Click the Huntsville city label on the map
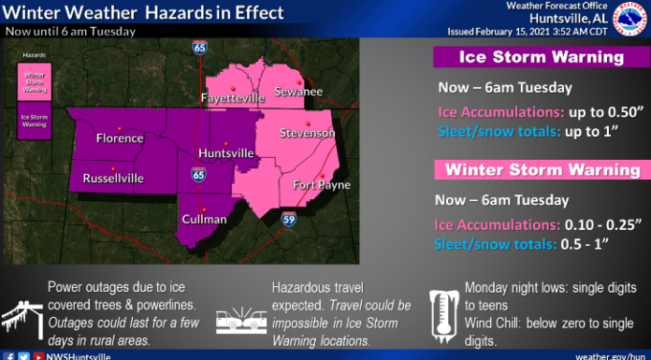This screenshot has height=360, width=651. click(226, 152)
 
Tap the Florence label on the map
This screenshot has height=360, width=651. click(120, 139)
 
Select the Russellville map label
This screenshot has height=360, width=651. click(113, 177)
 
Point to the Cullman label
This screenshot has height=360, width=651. click(206, 219)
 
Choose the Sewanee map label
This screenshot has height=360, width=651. click(297, 92)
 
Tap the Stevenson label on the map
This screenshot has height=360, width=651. click(307, 134)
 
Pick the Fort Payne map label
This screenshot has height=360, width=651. click(315, 184)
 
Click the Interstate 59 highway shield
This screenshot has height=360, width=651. click(290, 218)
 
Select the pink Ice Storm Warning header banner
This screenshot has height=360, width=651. click(540, 57)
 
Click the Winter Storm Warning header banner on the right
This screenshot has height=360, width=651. click(540, 170)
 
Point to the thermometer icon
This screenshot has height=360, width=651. click(440, 313)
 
